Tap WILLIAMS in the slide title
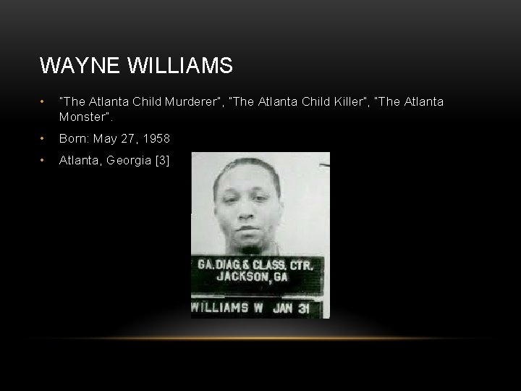tap(180, 66)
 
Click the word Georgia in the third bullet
tap(128, 160)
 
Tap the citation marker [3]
tap(161, 160)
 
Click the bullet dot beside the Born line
tap(44, 138)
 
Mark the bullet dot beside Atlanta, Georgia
tap(44, 160)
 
